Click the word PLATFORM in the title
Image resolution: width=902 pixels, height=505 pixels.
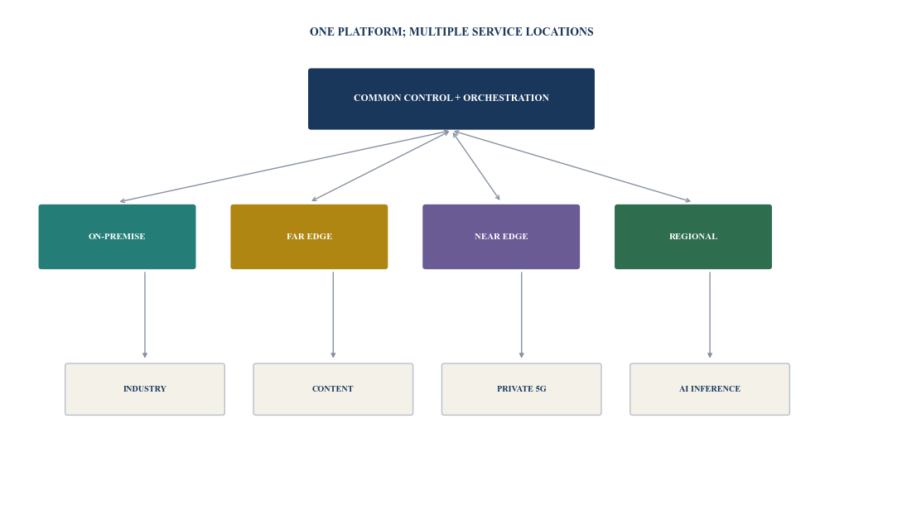point(371,31)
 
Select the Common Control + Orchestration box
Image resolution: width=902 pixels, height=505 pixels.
point(451,99)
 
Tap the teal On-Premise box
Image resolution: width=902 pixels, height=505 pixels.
point(117,237)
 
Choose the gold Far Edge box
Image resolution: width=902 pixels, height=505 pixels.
point(309,237)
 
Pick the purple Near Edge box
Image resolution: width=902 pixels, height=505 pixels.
point(501,237)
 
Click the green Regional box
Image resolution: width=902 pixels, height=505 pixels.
point(693,237)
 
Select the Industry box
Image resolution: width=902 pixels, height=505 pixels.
point(145,389)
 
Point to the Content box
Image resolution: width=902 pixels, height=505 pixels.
point(333,389)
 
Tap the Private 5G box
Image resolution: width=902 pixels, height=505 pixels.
point(521,389)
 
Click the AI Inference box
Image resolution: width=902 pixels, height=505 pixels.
point(710,389)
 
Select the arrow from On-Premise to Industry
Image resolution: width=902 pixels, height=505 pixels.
point(145,315)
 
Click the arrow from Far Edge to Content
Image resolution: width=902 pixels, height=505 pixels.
point(333,315)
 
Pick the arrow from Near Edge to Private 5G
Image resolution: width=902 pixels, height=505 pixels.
point(522,315)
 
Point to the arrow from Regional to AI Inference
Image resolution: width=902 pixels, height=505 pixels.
point(710,315)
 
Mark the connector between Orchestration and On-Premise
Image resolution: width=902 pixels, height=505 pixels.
point(284,166)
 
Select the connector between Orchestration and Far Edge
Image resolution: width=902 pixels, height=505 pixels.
point(380,166)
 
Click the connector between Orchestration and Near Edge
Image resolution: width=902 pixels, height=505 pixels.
point(476,166)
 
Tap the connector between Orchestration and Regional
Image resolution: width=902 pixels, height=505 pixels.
point(572,166)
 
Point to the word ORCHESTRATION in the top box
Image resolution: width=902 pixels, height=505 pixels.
point(506,98)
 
